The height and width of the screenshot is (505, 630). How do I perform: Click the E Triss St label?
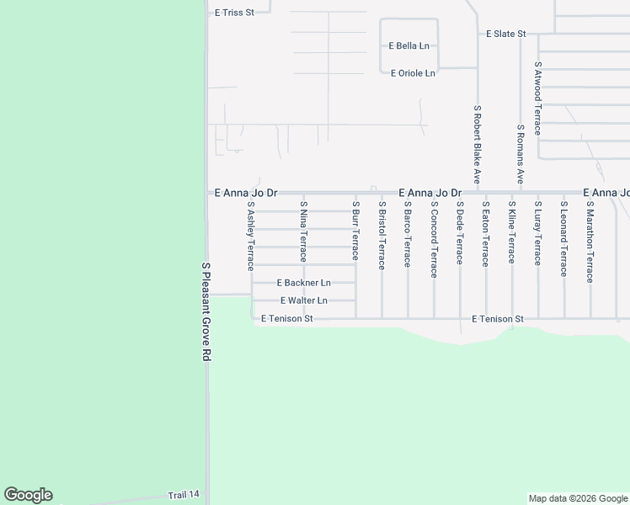pyautogui.click(x=234, y=13)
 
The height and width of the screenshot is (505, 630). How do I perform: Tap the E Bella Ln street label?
pyautogui.click(x=408, y=45)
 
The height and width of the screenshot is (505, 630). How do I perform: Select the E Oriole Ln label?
pyautogui.click(x=413, y=73)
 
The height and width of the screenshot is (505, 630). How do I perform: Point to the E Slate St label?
pyautogui.click(x=506, y=34)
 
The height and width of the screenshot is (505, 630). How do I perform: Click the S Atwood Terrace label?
pyautogui.click(x=537, y=93)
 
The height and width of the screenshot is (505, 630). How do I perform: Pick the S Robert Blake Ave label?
pyautogui.click(x=477, y=145)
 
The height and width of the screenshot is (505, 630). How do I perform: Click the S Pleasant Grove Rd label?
pyautogui.click(x=205, y=311)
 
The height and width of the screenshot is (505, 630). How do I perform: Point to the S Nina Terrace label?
pyautogui.click(x=303, y=231)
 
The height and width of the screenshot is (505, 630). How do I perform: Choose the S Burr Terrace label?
pyautogui.click(x=355, y=231)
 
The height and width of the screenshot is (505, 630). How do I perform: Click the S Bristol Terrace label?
pyautogui.click(x=382, y=235)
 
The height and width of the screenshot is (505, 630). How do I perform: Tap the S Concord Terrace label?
pyautogui.click(x=434, y=238)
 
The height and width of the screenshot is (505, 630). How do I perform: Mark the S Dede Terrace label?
pyautogui.click(x=460, y=232)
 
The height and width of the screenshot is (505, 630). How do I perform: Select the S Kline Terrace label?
pyautogui.click(x=511, y=232)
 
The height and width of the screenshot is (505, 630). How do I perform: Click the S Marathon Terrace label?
pyautogui.click(x=590, y=241)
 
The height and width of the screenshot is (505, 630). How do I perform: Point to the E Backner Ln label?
pyautogui.click(x=303, y=283)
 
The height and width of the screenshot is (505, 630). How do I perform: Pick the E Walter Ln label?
pyautogui.click(x=303, y=300)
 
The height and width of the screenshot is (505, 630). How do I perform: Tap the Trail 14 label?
pyautogui.click(x=184, y=495)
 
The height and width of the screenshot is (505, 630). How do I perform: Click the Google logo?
pyautogui.click(x=28, y=495)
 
